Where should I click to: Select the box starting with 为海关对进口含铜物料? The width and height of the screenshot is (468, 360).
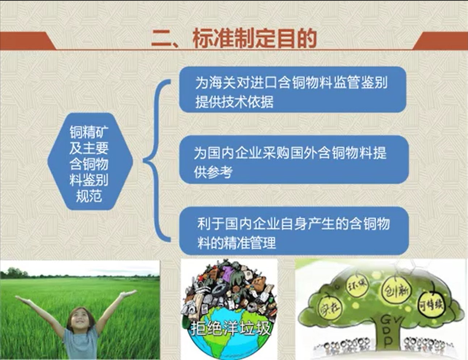click(x=292, y=90)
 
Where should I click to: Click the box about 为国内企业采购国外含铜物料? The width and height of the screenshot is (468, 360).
click(x=293, y=160)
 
